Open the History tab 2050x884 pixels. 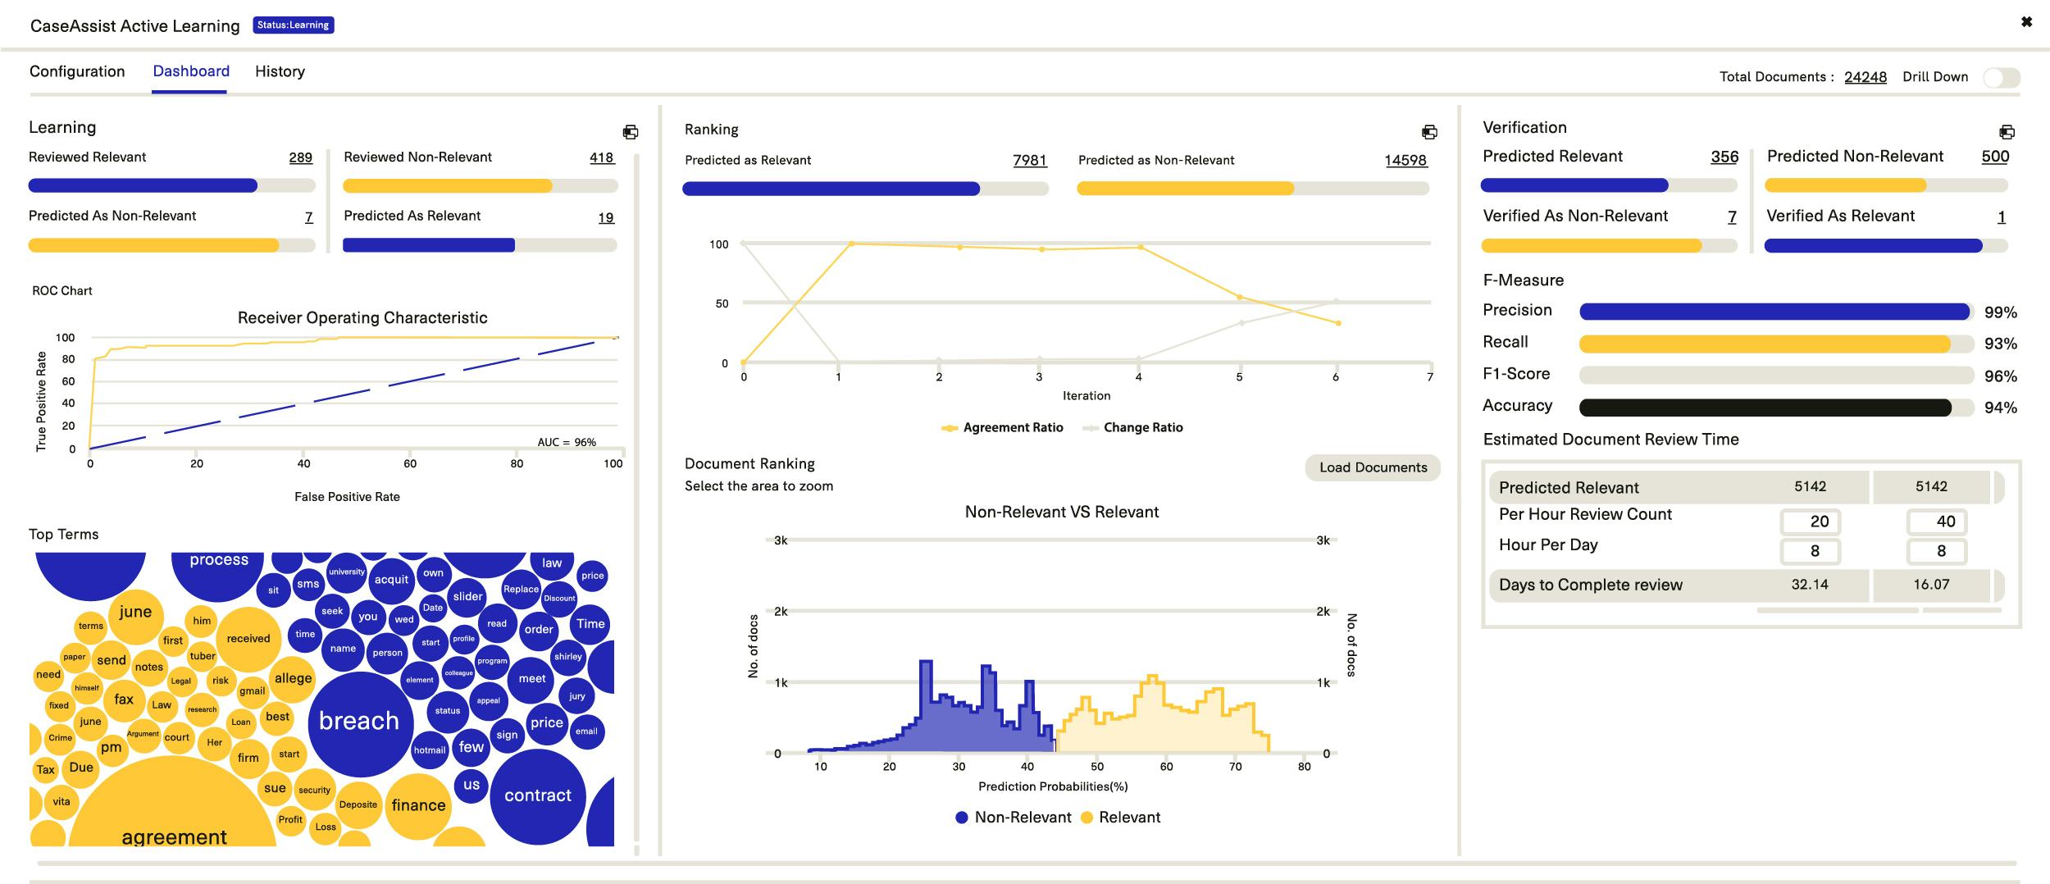coord(280,71)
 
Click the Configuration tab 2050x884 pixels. coord(77,71)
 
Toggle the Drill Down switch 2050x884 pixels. coord(2001,78)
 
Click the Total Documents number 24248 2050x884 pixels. coord(1865,77)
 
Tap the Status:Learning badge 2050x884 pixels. coord(293,25)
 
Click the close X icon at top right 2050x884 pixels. coord(2026,22)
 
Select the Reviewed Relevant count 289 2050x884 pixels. coord(300,157)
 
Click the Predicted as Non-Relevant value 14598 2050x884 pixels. coord(1405,161)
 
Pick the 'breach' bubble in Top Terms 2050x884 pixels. coord(358,721)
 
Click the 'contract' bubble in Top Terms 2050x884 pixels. coord(537,795)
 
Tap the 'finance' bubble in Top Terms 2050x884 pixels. coord(418,805)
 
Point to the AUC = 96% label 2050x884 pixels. coord(567,442)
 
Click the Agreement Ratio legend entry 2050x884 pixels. coord(1003,428)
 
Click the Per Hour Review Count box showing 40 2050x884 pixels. coord(1936,522)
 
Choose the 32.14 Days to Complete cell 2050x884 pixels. coord(1809,585)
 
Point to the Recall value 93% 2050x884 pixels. coord(2000,344)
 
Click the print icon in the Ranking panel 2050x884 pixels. coord(1429,132)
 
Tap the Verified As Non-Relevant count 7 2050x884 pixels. coord(1732,216)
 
